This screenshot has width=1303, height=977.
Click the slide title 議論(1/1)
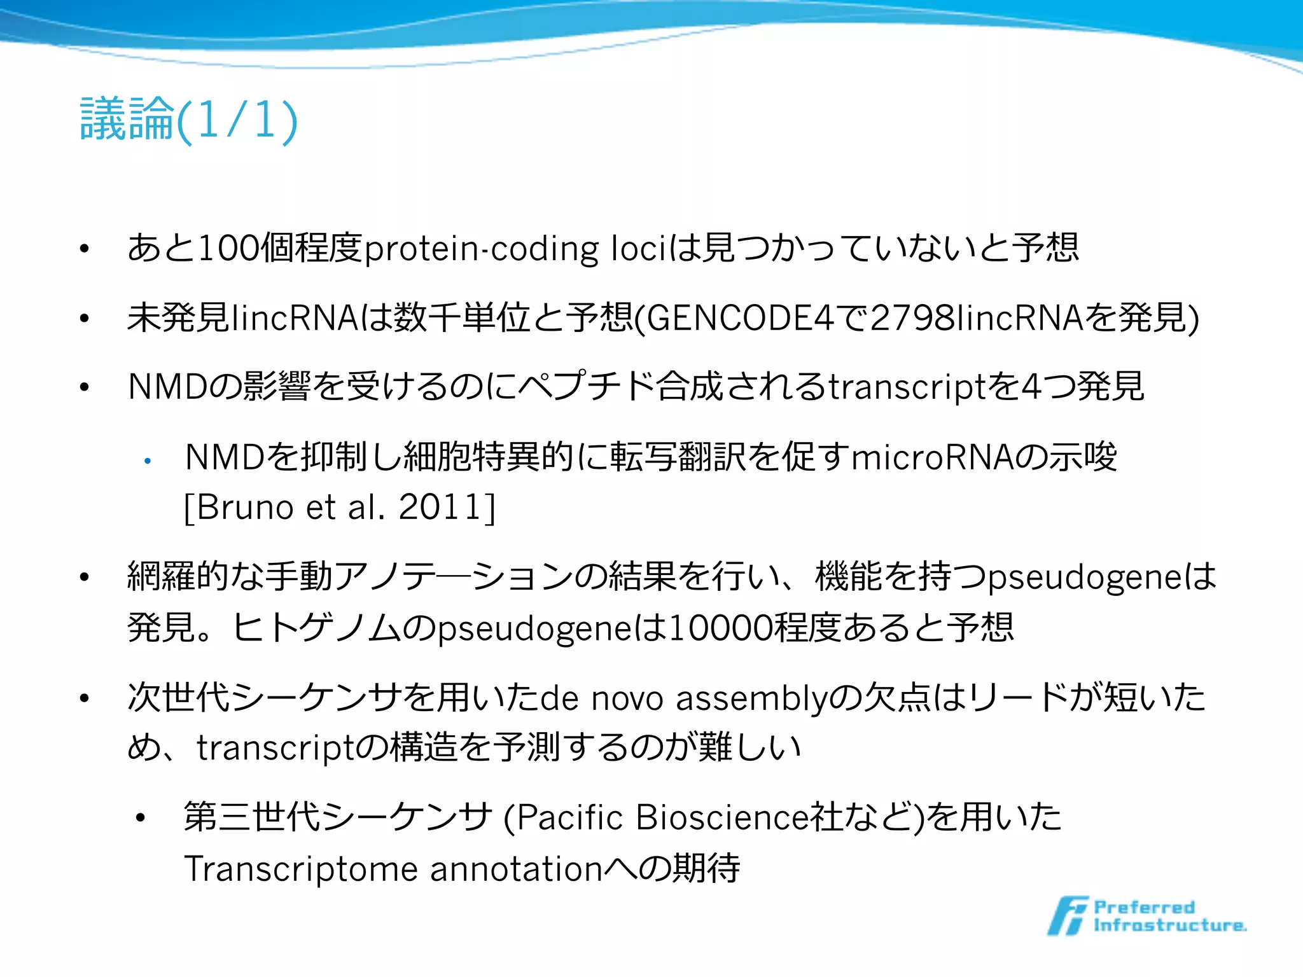188,119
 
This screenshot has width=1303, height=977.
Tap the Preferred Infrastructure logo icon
1067,916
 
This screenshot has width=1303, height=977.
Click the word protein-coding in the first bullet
481,249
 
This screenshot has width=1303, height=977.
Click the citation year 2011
439,507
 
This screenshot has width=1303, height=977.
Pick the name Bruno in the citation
245,507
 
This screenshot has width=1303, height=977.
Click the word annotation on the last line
516,869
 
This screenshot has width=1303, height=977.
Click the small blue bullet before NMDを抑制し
147,461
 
